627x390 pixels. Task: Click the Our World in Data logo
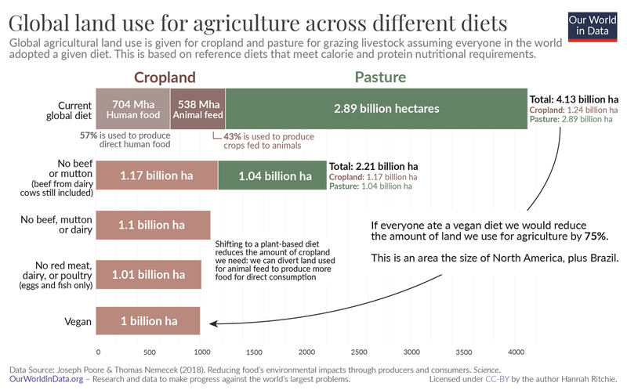pos(592,30)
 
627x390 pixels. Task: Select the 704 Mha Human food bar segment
pos(132,109)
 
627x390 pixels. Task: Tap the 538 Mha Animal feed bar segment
pos(198,109)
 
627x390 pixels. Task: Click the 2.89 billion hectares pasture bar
pos(376,109)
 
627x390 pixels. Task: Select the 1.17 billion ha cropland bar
pos(157,176)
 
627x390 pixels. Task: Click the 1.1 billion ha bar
pos(153,225)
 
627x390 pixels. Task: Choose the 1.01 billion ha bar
pos(149,274)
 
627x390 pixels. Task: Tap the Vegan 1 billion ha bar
pos(148,322)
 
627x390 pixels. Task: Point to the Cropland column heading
pos(164,78)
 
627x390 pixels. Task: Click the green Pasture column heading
pos(381,78)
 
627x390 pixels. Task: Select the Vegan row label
pos(76,322)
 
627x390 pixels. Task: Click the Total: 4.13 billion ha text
pos(574,99)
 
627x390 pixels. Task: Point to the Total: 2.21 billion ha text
pos(374,167)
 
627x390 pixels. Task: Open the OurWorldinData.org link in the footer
pos(43,379)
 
